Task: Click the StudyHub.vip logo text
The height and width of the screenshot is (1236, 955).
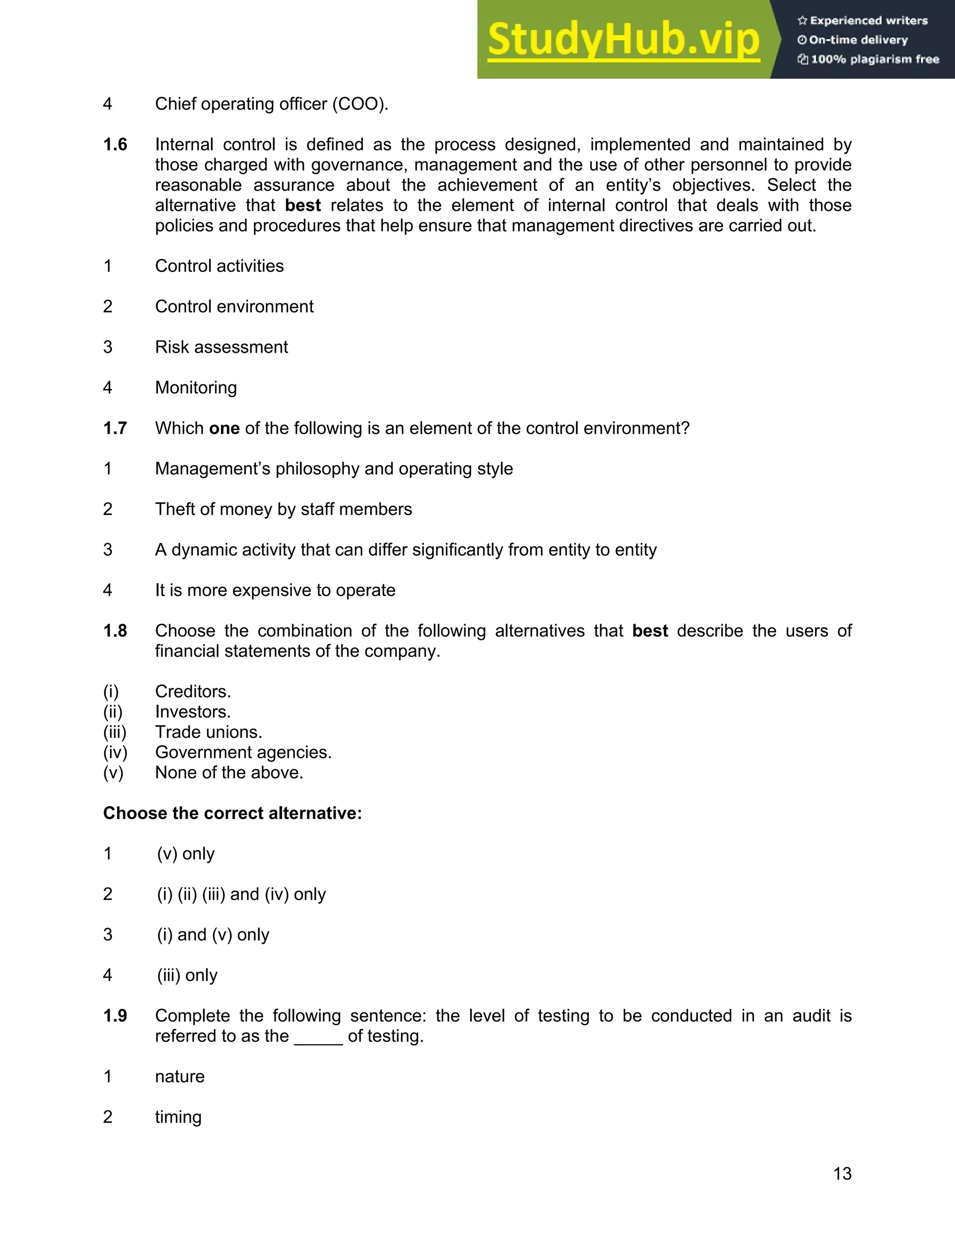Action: [623, 40]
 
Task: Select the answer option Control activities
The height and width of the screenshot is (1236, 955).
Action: [219, 266]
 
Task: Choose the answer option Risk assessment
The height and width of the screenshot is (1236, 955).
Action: [221, 347]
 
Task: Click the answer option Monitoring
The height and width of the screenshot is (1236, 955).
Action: [196, 388]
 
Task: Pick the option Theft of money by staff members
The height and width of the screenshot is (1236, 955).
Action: [284, 509]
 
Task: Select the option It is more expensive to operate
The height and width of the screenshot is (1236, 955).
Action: [275, 590]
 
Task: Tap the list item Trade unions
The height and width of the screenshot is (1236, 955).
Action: [208, 732]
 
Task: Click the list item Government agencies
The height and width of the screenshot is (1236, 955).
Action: [243, 753]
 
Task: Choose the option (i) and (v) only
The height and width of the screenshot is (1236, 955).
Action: [213, 935]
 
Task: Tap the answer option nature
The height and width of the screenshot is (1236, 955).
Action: [180, 1077]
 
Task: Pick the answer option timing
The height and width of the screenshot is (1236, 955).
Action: [178, 1118]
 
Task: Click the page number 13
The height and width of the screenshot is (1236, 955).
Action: [842, 1174]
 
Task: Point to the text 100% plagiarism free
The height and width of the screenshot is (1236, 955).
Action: [874, 59]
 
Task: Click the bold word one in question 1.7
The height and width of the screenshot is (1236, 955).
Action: [224, 429]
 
